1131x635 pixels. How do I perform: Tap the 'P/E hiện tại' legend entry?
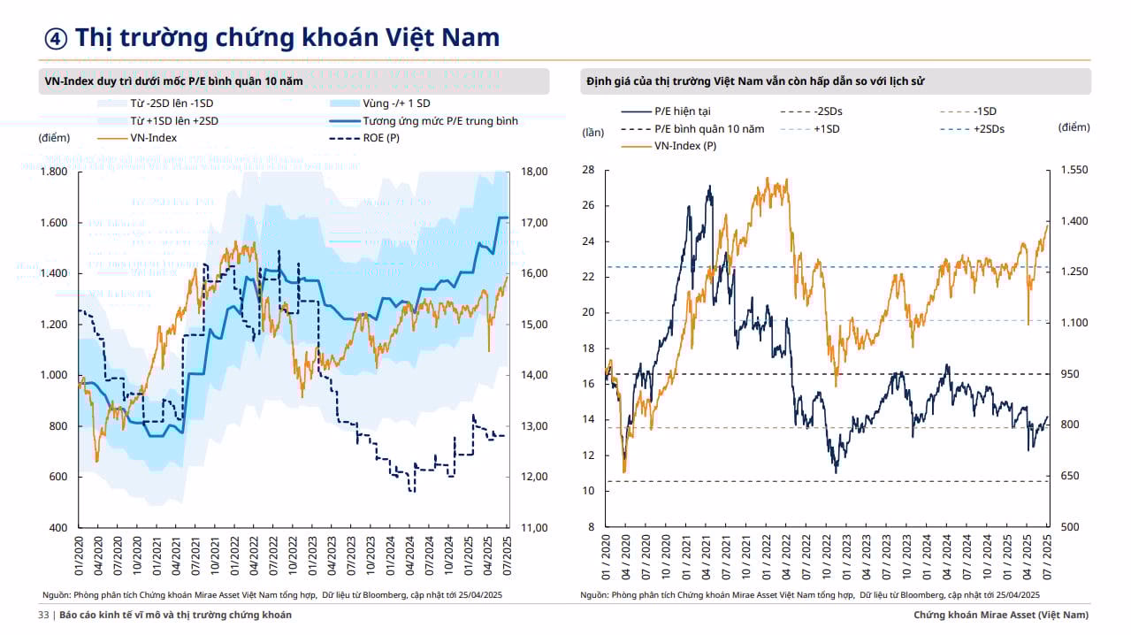pyautogui.click(x=682, y=111)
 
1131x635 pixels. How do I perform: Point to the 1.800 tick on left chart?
pyautogui.click(x=55, y=172)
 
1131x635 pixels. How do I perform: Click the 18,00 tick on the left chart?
pyautogui.click(x=535, y=172)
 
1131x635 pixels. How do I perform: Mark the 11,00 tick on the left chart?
pyautogui.click(x=535, y=528)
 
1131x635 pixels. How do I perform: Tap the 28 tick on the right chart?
pyautogui.click(x=588, y=170)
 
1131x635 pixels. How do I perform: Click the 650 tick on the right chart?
pyautogui.click(x=1070, y=476)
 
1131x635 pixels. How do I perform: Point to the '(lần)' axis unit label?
pyautogui.click(x=592, y=133)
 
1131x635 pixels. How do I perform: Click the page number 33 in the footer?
pyautogui.click(x=42, y=615)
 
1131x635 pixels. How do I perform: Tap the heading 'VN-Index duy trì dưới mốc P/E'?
pyautogui.click(x=173, y=81)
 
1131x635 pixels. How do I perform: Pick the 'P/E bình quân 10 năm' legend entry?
pyautogui.click(x=709, y=128)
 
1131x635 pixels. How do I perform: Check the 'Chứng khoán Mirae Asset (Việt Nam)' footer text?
pyautogui.click(x=1001, y=615)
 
